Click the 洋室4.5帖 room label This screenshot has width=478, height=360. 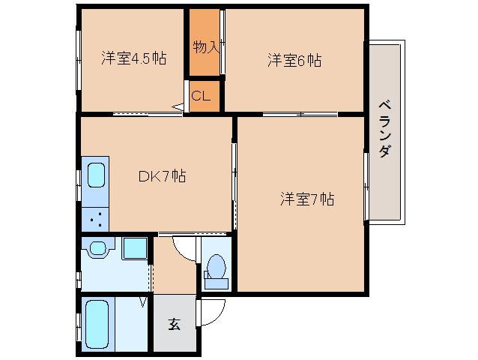(134, 58)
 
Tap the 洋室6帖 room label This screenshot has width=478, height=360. (294, 60)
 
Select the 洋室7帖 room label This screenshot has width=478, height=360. (307, 199)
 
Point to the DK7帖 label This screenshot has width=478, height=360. (162, 176)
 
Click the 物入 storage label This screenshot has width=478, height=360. (206, 47)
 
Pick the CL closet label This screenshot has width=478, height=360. (201, 96)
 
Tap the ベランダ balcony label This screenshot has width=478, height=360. (384, 129)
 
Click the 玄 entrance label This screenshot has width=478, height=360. (174, 324)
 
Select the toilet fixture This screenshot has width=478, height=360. (216, 271)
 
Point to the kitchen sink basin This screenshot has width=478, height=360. (97, 175)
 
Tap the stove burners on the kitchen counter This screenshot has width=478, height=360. (96, 219)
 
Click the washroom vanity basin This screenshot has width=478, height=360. (98, 247)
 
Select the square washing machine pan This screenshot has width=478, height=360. (135, 248)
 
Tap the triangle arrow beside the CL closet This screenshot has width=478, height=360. (178, 107)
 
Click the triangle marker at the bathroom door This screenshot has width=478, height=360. (143, 302)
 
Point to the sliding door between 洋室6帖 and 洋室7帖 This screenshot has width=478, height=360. (300, 115)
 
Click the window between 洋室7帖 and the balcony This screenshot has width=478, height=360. (366, 187)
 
